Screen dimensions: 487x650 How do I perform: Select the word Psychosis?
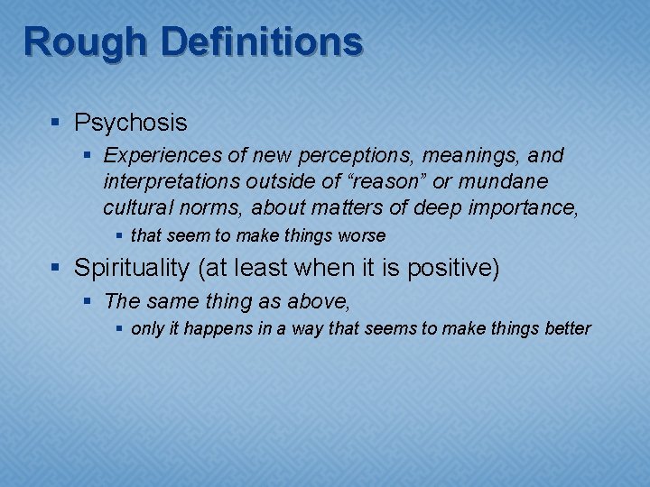pyautogui.click(x=131, y=122)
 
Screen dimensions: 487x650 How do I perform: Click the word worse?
pyautogui.click(x=362, y=236)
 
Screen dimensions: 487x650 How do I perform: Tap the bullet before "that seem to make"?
pyautogui.click(x=121, y=236)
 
